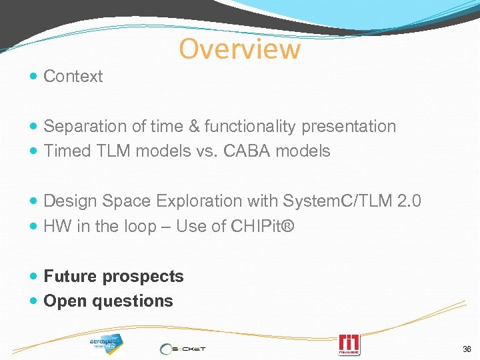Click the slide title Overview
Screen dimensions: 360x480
coord(239,49)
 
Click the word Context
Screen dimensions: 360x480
coord(73,77)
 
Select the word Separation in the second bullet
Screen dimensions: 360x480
coord(82,127)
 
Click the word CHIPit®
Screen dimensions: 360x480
coord(263,226)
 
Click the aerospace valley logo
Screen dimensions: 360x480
coord(106,343)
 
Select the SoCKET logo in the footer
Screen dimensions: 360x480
coord(183,348)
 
